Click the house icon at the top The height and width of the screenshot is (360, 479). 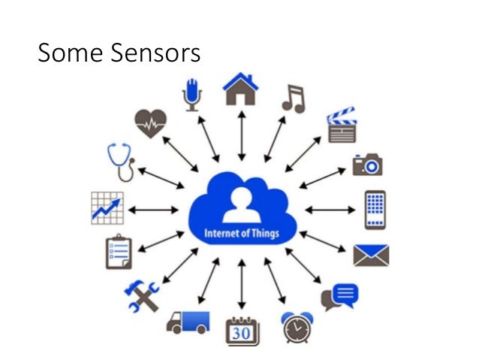(x=240, y=89)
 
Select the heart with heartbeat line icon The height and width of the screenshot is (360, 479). (x=150, y=123)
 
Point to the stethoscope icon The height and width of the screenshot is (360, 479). (x=122, y=162)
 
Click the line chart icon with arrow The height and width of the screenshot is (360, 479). (x=107, y=207)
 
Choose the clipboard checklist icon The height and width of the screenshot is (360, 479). (x=118, y=253)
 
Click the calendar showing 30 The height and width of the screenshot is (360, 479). (x=242, y=330)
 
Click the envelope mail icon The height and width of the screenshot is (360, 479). (x=371, y=255)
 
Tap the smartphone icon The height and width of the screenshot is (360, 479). (x=375, y=208)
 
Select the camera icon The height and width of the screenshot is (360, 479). (x=369, y=165)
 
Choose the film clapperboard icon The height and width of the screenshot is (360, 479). (x=340, y=125)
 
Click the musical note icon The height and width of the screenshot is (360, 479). (x=293, y=98)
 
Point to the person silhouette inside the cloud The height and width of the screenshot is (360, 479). (x=242, y=204)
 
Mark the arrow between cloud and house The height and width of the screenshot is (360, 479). (x=241, y=136)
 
